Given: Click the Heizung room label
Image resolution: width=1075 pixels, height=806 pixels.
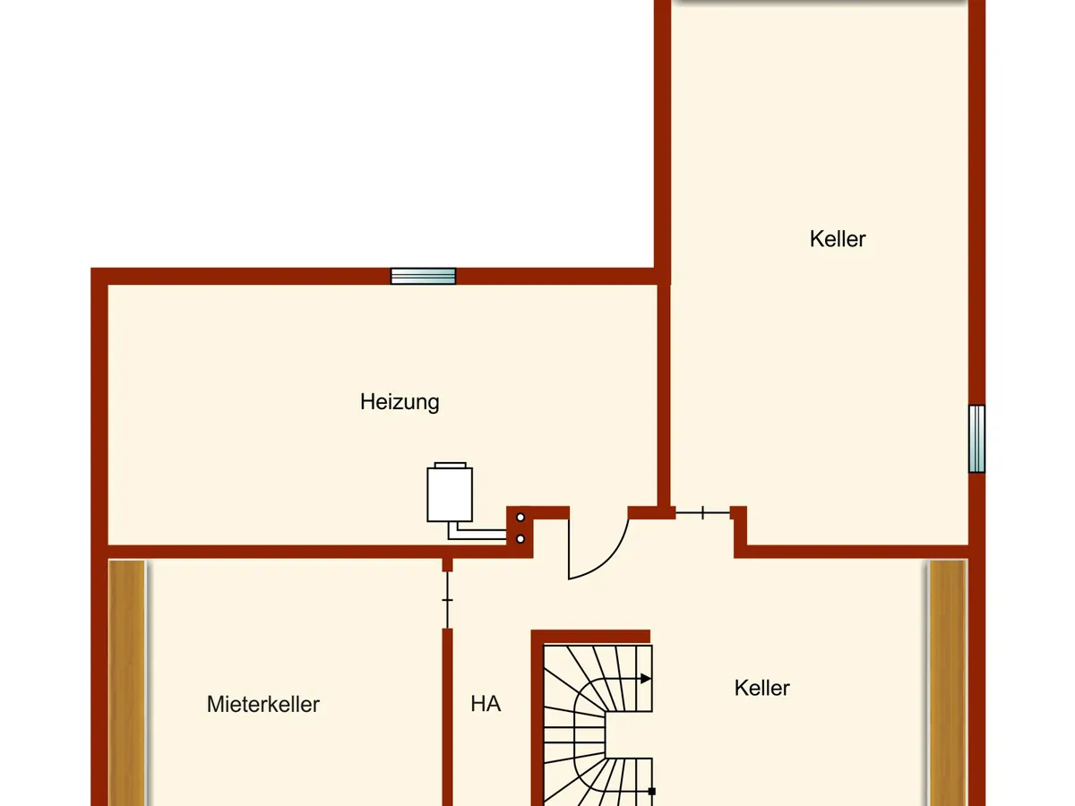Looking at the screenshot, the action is pos(400,402).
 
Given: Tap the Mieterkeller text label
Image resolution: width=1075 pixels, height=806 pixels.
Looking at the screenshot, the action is pos(263,704).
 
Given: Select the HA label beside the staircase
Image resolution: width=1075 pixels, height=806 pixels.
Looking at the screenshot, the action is pos(486,704).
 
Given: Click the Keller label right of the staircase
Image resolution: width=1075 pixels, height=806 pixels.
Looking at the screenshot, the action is pos(762,688).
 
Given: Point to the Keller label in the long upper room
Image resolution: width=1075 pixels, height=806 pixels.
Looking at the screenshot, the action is pos(838,239).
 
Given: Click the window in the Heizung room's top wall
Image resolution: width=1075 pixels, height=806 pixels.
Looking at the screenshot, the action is pos(423,276).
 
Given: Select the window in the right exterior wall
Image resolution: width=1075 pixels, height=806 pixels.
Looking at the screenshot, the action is pos(976,439).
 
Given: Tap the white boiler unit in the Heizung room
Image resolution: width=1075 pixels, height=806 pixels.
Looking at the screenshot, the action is pos(450,493).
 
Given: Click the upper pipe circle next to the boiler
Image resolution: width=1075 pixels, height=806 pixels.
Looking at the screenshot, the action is pos(520,518).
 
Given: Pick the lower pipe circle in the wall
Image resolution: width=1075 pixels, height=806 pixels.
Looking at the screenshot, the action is pos(520,539).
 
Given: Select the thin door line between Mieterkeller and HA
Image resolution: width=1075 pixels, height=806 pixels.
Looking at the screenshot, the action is pos(447,600).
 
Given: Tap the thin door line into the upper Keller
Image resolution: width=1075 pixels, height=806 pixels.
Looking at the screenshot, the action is pos(703,513).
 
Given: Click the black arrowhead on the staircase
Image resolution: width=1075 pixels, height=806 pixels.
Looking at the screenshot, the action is pos(646,679).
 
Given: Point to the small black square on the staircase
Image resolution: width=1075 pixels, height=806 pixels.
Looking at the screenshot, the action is pos(652,792).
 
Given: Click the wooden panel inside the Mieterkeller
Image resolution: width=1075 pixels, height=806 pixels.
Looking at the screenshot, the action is pos(127,683).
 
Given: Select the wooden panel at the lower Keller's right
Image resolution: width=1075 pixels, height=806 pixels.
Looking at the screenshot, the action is pos(948,683).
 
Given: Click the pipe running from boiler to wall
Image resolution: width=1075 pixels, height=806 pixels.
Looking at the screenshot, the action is pos(477,532).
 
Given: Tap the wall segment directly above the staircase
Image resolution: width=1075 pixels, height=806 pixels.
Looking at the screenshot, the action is pos(590,636).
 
